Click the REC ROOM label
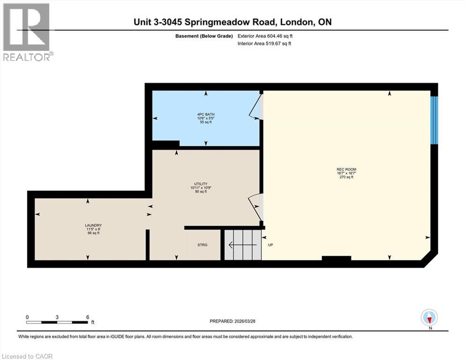pyautogui.click(x=343, y=169)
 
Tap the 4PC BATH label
pyautogui.click(x=206, y=114)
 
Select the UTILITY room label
pyautogui.click(x=201, y=184)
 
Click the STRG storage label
pyautogui.click(x=202, y=245)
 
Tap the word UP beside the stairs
pyautogui.click(x=270, y=245)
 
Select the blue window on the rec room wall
pyautogui.click(x=434, y=120)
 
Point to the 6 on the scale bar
pyautogui.click(x=88, y=317)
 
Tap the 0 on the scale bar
pyautogui.click(x=28, y=317)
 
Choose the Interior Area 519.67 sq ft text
pyautogui.click(x=264, y=44)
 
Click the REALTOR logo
pyautogui.click(x=26, y=31)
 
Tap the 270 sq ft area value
pyautogui.click(x=343, y=177)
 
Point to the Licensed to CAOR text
pyautogui.click(x=27, y=356)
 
